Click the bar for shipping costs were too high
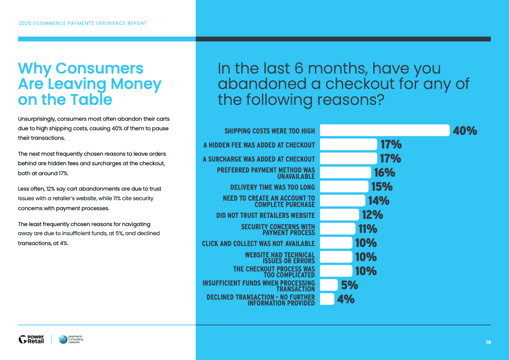coord(385,131)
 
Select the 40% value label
coord(465,131)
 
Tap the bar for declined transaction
coord(327,299)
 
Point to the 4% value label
coord(346,299)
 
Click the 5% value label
coord(350,285)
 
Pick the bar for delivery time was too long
coord(344,187)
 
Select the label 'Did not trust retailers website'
coord(265,215)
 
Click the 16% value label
coord(384,173)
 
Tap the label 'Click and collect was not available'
coord(258,243)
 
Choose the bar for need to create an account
coord(342,201)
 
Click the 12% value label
coord(372,215)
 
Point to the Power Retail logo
coord(31,339)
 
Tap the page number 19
coord(488,342)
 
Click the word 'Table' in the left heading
coord(92,99)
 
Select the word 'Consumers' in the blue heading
coord(99,69)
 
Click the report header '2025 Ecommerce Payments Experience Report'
coord(82,23)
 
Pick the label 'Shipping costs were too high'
coord(269,131)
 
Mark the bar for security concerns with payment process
coord(338,229)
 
